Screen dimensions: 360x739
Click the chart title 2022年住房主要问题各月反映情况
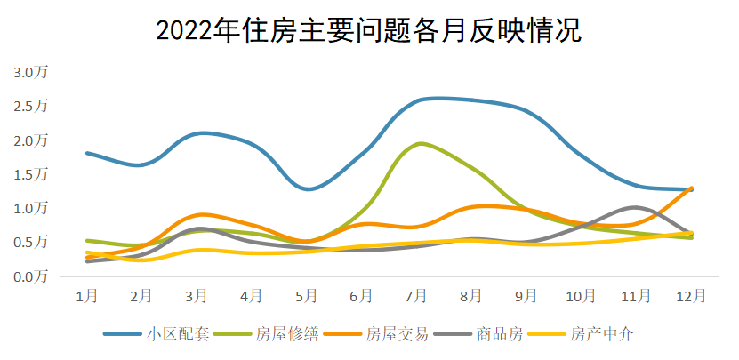pos(368,31)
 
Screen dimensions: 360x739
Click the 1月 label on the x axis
pos(86,294)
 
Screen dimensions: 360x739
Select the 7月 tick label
pos(417,294)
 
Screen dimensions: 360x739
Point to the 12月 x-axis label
pos(691,294)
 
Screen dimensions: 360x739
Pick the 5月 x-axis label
pos(307,294)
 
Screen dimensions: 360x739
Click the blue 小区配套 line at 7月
pos(417,100)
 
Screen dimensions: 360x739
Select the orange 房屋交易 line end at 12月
pos(691,188)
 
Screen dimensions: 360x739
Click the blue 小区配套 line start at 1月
pos(86,153)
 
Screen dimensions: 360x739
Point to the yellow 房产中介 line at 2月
pos(142,260)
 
